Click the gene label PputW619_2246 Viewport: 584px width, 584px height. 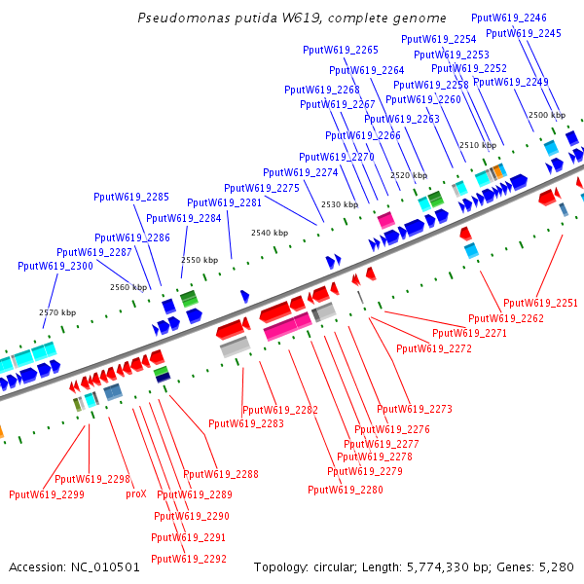[x=509, y=18]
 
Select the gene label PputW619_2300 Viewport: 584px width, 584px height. [x=55, y=266]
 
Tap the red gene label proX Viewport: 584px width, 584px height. [x=135, y=493]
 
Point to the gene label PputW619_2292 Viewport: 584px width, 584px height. [x=189, y=559]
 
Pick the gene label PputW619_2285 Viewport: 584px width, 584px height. [x=131, y=197]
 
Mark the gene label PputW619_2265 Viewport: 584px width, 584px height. [x=341, y=50]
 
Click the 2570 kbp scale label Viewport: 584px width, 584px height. [x=57, y=312]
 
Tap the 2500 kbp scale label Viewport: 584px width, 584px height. [x=546, y=115]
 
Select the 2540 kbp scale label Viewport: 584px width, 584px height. [x=270, y=233]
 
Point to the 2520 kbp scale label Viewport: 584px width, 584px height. [x=409, y=175]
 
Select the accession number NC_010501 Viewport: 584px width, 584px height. [x=105, y=566]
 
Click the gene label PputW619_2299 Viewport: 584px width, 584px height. [x=47, y=494]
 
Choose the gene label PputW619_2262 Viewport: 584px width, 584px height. [x=506, y=318]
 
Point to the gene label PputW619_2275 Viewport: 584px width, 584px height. [x=262, y=188]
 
